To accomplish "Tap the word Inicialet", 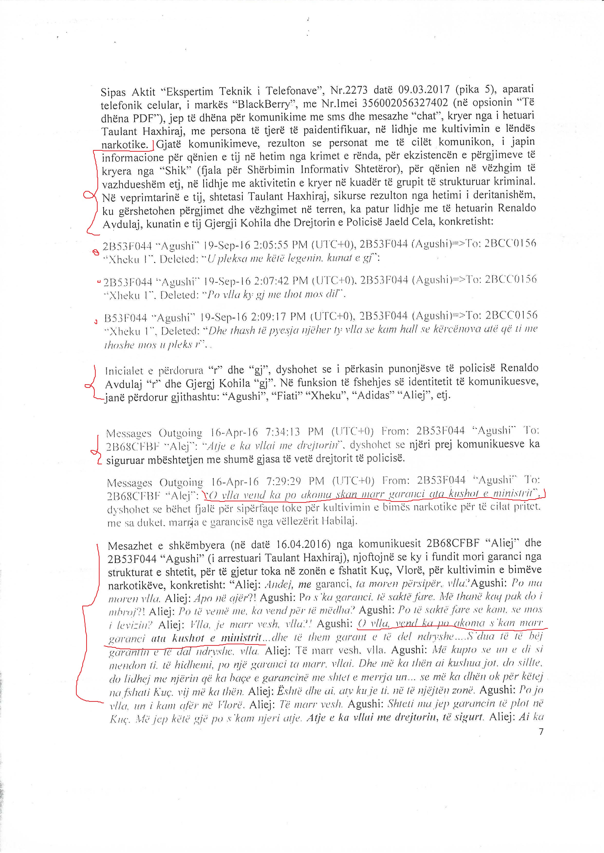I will (x=123, y=371).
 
